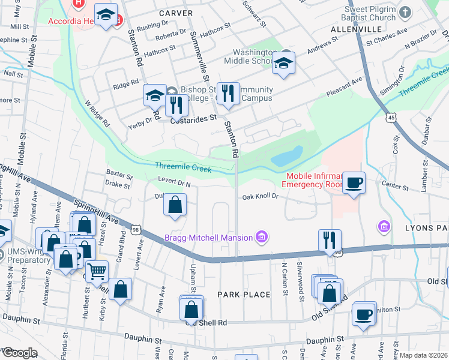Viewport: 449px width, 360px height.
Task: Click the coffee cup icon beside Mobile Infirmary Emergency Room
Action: click(x=354, y=182)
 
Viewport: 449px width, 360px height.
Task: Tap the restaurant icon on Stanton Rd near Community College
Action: click(x=228, y=94)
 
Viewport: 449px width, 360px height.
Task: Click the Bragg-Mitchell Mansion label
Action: click(x=208, y=238)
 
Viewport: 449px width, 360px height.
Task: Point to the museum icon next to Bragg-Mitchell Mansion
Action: click(x=261, y=238)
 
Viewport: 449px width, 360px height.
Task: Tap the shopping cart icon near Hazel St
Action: click(x=97, y=271)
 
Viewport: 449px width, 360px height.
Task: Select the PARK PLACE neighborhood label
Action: click(x=244, y=295)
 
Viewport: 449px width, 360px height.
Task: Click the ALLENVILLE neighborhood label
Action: click(x=357, y=29)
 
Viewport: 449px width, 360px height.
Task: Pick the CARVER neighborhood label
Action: click(x=176, y=13)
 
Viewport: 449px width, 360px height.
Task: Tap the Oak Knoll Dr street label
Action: click(x=261, y=196)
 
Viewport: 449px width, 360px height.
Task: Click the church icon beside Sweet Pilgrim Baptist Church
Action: click(x=406, y=12)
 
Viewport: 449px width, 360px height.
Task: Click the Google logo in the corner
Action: click(x=19, y=353)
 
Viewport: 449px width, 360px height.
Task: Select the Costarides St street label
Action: click(x=193, y=119)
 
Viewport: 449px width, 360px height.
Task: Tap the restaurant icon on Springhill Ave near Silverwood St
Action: click(x=330, y=240)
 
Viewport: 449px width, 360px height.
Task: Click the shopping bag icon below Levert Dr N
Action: click(x=174, y=205)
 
